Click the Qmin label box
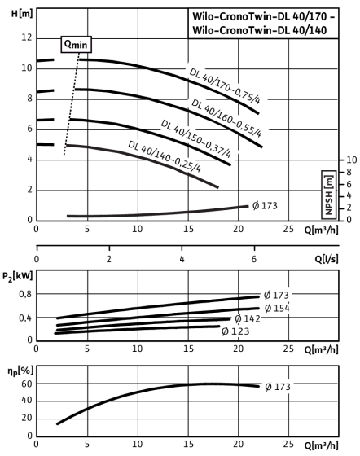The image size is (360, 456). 77,45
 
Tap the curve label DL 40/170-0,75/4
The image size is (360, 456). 225,86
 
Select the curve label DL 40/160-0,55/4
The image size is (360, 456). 226,118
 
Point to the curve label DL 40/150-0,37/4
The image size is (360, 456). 196,138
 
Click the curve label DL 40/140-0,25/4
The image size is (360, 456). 165,156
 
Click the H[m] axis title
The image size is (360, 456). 22,13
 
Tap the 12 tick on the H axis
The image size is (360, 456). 27,37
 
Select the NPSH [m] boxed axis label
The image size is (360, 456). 329,195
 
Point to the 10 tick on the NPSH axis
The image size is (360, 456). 351,160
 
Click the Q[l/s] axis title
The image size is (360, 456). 327,258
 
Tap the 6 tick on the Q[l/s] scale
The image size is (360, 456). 254,259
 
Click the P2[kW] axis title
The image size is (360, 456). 17,277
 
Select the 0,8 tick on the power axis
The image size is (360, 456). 25,294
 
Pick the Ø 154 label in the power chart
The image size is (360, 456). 277,308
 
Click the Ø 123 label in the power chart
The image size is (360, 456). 235,331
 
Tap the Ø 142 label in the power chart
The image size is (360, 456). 248,318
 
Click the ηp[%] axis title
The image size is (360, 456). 20,371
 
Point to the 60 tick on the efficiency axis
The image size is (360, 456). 26,384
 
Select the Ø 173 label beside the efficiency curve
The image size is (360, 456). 278,387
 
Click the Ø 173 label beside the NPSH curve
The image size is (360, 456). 265,206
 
